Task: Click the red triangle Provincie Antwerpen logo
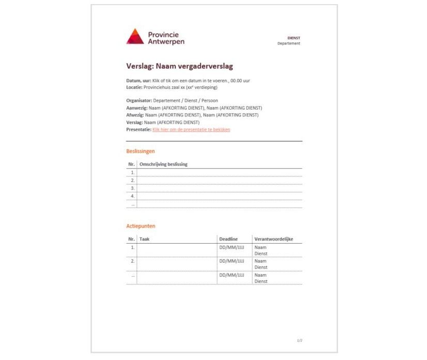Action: [x=135, y=36]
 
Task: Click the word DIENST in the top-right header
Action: [x=294, y=38]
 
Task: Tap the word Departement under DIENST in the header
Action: [x=288, y=43]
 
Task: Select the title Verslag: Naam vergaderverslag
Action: [x=179, y=67]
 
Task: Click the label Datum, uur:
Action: [x=138, y=81]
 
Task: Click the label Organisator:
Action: [x=139, y=100]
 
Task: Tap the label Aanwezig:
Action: [x=136, y=108]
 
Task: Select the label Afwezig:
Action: [x=135, y=115]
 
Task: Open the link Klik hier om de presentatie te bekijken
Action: [x=191, y=130]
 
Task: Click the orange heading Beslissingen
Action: [x=140, y=151]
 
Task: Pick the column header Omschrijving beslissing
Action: [x=163, y=164]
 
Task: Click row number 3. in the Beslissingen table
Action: [x=133, y=188]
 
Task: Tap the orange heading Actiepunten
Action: [x=141, y=226]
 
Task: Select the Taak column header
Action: [x=144, y=239]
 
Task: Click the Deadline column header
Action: [x=228, y=239]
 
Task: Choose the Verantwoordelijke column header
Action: [x=274, y=239]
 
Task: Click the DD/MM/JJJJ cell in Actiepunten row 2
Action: [x=232, y=261]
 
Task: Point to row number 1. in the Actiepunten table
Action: [x=133, y=248]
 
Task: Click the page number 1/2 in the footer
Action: [x=299, y=340]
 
